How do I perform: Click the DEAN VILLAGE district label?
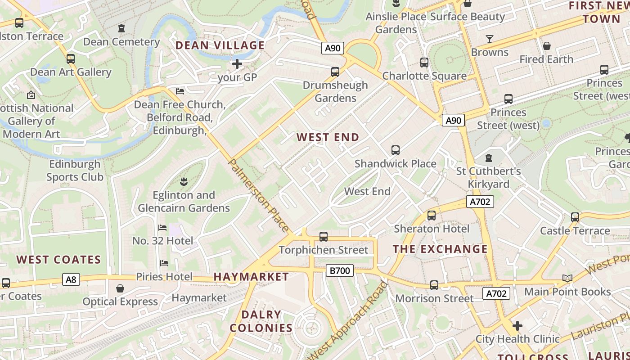click(x=220, y=45)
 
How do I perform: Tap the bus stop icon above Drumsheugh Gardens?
click(x=335, y=72)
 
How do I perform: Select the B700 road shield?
click(x=339, y=270)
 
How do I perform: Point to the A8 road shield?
click(x=71, y=280)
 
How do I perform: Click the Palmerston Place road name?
click(x=259, y=195)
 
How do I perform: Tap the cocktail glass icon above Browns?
click(x=490, y=39)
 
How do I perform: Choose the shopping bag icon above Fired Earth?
click(x=546, y=46)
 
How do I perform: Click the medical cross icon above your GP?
click(x=237, y=64)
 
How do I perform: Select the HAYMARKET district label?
click(x=251, y=277)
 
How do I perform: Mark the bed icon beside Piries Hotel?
click(x=164, y=263)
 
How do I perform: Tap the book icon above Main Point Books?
click(x=567, y=279)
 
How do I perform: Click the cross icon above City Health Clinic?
click(x=517, y=325)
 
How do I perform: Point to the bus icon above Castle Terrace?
click(x=575, y=217)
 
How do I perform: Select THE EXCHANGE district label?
click(x=440, y=249)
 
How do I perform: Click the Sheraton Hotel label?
click(x=431, y=229)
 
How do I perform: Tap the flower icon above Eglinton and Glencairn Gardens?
click(x=184, y=182)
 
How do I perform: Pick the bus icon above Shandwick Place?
click(x=395, y=150)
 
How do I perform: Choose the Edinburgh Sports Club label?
click(x=75, y=171)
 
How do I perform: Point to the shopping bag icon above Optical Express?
click(x=120, y=288)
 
